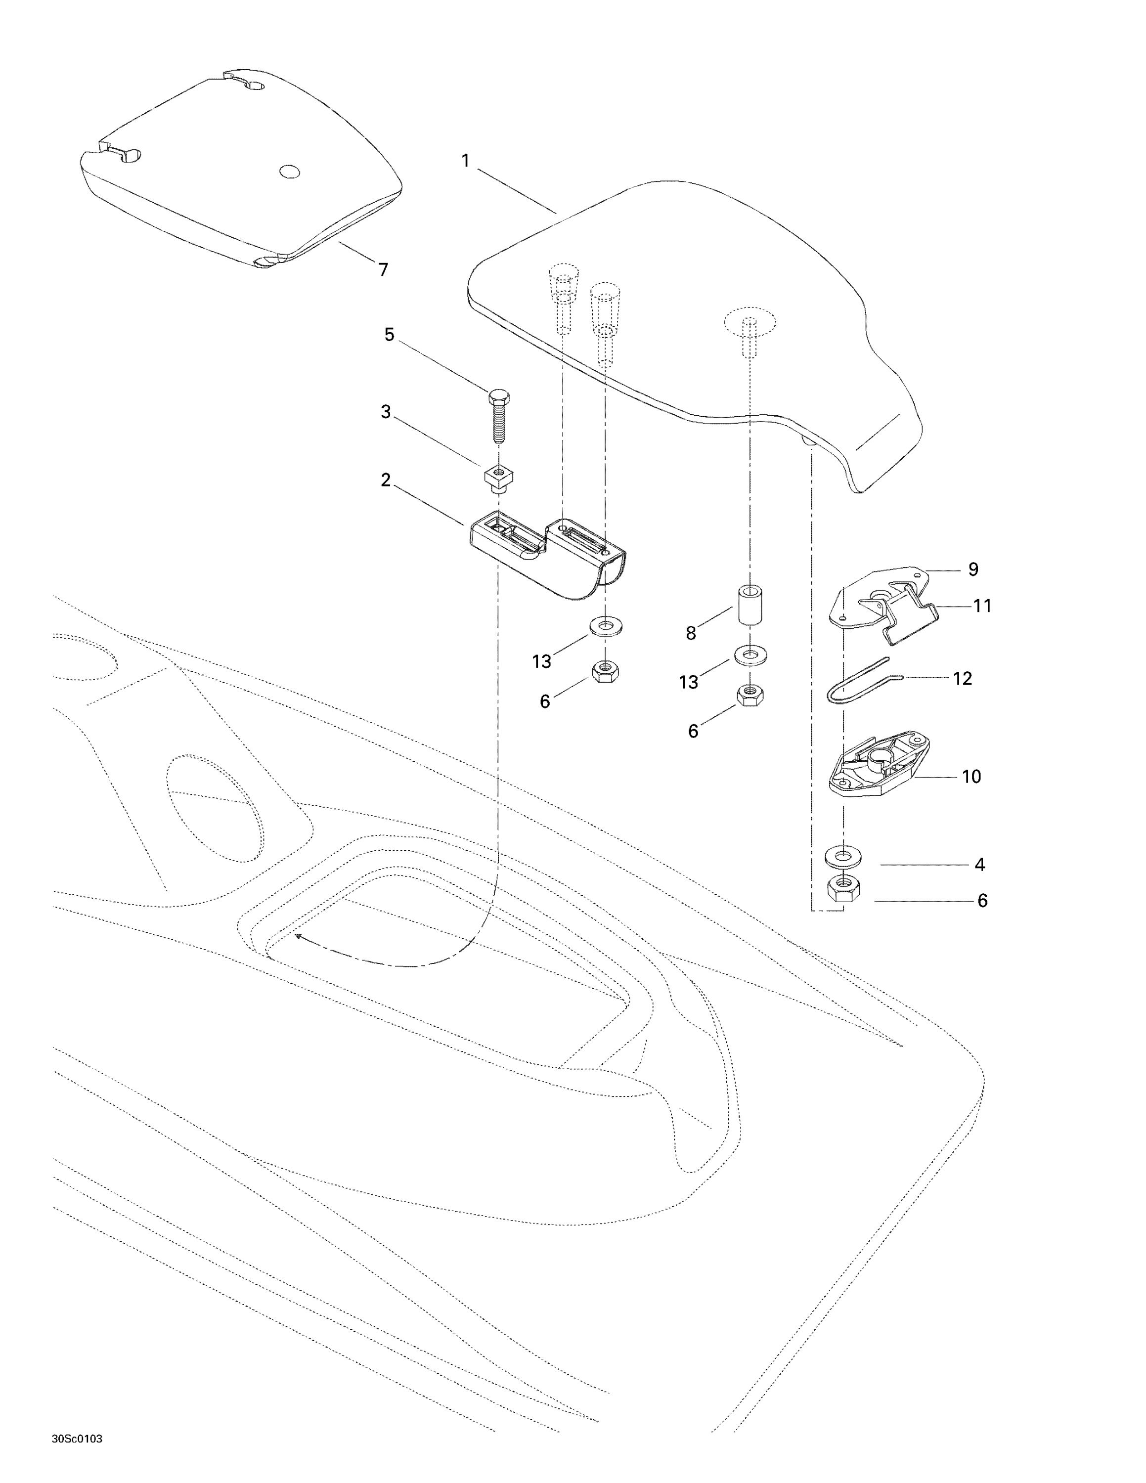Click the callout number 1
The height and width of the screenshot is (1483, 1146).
click(x=465, y=161)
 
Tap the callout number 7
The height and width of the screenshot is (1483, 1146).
click(x=384, y=269)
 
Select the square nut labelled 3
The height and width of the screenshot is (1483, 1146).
click(x=498, y=478)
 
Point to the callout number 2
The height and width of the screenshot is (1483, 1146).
click(x=386, y=480)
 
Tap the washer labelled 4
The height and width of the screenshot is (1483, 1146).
click(x=843, y=857)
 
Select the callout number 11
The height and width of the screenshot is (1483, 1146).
click(x=982, y=606)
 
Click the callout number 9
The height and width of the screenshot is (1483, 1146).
click(x=973, y=569)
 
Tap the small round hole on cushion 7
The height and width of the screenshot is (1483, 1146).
click(x=290, y=172)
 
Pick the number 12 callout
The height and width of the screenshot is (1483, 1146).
click(x=963, y=678)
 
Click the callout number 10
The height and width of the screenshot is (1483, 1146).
click(x=971, y=776)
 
